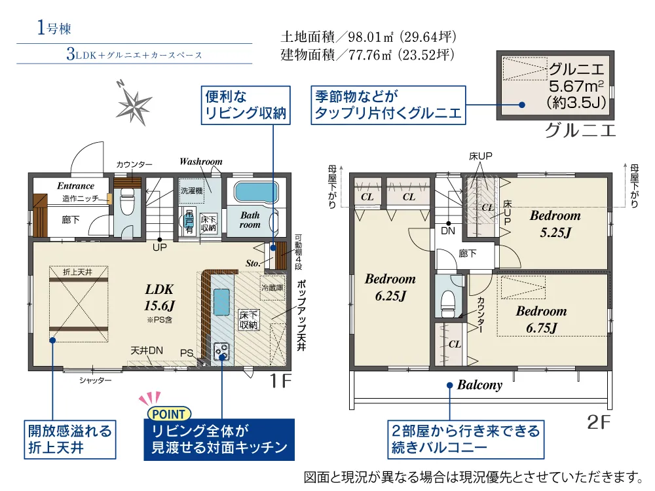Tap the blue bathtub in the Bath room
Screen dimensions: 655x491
256,192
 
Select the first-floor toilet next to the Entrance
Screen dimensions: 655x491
127,202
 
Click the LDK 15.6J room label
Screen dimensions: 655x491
159,298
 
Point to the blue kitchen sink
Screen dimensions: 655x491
221,302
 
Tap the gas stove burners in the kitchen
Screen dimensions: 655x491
221,351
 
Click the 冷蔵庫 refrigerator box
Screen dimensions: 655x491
272,287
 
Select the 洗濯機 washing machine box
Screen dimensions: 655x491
192,191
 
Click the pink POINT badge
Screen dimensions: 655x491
169,414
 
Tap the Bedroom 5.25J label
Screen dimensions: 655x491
555,224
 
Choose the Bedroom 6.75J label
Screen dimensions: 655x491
542,319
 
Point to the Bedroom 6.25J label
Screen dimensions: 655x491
390,287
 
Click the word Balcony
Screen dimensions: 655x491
480,385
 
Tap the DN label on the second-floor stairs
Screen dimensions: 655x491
448,231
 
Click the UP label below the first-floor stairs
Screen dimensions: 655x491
160,247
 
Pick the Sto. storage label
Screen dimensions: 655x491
253,263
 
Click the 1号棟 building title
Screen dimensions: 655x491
54,27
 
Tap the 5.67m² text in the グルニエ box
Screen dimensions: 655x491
576,86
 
